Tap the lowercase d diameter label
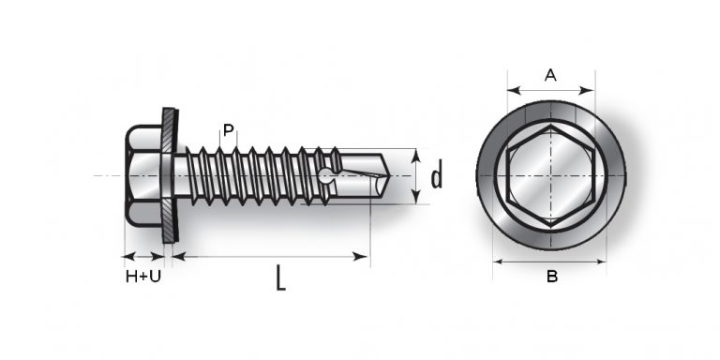[x=436, y=175]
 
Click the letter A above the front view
[x=550, y=76]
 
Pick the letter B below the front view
[x=551, y=277]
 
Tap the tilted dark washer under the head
[x=168, y=176]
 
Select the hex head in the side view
[x=143, y=176]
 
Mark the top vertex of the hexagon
[x=550, y=124]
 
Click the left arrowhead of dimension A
[x=511, y=91]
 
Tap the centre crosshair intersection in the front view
[x=550, y=176]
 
